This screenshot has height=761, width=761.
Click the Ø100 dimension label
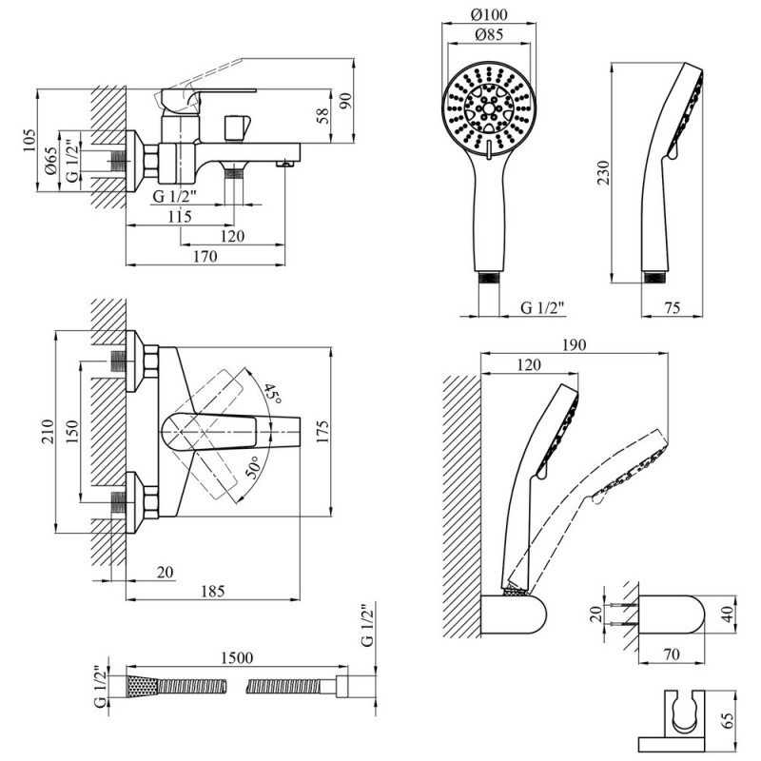489,15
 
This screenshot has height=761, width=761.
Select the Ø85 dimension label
489,35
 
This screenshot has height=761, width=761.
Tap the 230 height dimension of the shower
603,173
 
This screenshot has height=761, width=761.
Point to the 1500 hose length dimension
237,658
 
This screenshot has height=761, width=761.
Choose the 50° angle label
252,467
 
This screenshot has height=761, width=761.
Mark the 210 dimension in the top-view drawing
48,432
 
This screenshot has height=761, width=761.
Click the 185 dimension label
213,591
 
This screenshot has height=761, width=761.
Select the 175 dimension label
322,432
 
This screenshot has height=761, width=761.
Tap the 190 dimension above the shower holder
575,344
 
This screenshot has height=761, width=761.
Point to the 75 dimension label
673,307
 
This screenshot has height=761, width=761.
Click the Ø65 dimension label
51,161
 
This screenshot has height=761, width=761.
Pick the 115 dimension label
180,217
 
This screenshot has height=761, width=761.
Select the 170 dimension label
205,256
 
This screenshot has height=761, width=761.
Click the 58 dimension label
322,115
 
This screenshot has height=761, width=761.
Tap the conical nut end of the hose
142,687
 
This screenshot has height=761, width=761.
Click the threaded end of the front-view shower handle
489,278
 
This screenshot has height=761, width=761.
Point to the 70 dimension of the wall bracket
672,654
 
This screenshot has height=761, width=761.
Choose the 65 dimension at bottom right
728,720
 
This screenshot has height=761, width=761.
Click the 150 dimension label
71,432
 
